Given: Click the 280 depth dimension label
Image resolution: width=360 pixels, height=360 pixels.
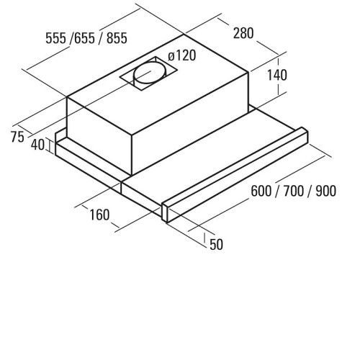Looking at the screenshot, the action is click(243, 33).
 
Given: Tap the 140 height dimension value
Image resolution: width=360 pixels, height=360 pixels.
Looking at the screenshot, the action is click(277, 75).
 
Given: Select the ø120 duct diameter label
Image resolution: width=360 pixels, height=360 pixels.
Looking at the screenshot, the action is click(182, 55).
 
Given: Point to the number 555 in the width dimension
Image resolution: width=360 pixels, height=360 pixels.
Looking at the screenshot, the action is click(55, 38).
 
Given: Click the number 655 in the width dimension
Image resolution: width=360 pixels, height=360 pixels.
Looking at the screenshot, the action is click(84, 38).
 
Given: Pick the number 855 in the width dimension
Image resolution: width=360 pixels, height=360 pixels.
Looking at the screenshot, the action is click(117, 38).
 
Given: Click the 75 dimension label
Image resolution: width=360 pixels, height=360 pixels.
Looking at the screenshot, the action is click(17, 138).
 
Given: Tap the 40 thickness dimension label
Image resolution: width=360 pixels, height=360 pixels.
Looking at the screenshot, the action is click(38, 145).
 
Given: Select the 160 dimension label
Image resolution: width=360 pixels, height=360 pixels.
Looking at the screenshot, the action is click(99, 215).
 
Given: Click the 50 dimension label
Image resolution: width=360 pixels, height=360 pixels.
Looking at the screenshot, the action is click(216, 245).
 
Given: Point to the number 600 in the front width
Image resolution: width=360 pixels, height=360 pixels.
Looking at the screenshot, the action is click(261, 192).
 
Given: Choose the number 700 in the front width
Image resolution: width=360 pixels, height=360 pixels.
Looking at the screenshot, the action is click(294, 192).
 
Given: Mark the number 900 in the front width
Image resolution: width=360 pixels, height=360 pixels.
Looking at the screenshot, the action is click(325, 192).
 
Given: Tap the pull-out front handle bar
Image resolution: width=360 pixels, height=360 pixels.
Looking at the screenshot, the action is click(235, 175).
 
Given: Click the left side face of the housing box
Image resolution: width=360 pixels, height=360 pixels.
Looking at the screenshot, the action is click(99, 135).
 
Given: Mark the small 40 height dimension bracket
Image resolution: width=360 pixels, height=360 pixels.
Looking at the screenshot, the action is click(50, 145).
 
